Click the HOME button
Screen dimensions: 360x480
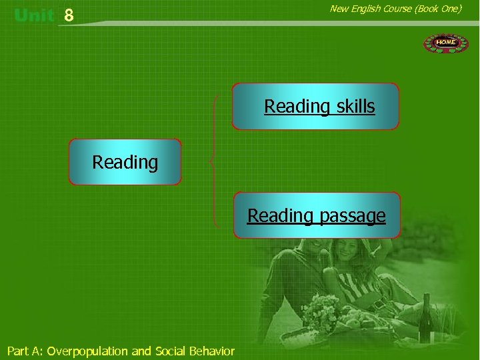coord(446,43)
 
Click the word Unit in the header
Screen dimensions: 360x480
coord(33,15)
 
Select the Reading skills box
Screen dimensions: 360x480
coord(315,106)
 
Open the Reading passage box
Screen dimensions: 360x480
coord(317,215)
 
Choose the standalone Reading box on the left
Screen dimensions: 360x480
coord(125,162)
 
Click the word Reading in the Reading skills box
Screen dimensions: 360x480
coord(297,106)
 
